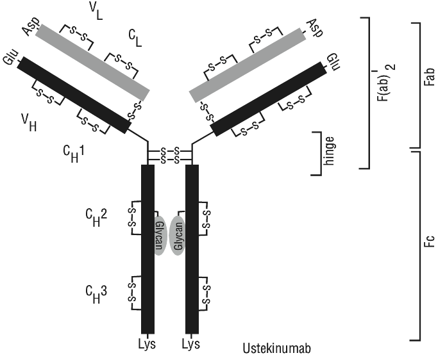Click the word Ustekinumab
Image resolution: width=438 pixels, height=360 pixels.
pos(276,348)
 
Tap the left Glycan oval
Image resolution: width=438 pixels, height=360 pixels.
pos(160,235)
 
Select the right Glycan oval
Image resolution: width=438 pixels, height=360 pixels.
pos(178,236)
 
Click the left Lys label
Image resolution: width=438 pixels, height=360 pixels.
pos(147,344)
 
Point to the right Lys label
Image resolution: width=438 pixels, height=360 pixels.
pos(191,344)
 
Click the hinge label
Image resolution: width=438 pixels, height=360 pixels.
pos(328,151)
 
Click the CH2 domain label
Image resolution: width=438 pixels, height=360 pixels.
pos(96,218)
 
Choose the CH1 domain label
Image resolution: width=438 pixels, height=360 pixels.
pos(74,154)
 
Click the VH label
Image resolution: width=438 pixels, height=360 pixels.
pos(29,122)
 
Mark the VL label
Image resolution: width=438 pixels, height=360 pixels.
pos(96,12)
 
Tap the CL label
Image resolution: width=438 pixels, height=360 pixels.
pos(135,38)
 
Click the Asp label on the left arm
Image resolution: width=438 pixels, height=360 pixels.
pos(31,27)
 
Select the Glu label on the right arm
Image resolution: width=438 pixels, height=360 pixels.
pos(333,61)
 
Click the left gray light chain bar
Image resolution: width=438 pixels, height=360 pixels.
pos(92,63)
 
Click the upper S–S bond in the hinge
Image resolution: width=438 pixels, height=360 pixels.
pos(169,152)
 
